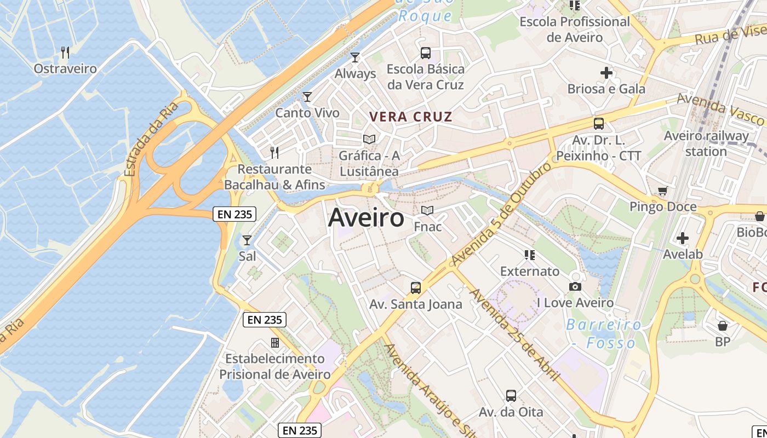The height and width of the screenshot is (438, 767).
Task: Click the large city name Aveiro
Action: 366,218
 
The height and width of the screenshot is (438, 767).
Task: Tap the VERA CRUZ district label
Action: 411,117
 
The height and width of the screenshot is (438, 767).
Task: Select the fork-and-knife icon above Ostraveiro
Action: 65,53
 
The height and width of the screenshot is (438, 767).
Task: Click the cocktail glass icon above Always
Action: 355,57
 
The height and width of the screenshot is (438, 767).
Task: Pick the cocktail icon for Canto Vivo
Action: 307,97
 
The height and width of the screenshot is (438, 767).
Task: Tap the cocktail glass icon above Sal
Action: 247,240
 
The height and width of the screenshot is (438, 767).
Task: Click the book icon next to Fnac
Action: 427,211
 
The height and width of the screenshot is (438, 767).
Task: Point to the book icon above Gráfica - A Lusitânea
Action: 369,140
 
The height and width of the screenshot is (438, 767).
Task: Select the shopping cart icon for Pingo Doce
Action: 663,191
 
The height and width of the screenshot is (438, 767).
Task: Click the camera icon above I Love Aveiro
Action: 575,286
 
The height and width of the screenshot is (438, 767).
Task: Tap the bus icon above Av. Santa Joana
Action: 416,288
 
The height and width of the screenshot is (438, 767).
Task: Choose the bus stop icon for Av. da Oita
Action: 511,395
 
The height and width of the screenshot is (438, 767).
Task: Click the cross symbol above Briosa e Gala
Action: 606,72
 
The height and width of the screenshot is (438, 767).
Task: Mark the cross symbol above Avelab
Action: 683,238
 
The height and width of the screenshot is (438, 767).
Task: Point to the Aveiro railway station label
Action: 706,143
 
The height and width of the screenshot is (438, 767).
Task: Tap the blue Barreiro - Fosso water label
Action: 604,334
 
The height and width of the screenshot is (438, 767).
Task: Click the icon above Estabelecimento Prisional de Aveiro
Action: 275,343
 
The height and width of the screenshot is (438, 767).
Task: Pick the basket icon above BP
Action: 723,326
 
